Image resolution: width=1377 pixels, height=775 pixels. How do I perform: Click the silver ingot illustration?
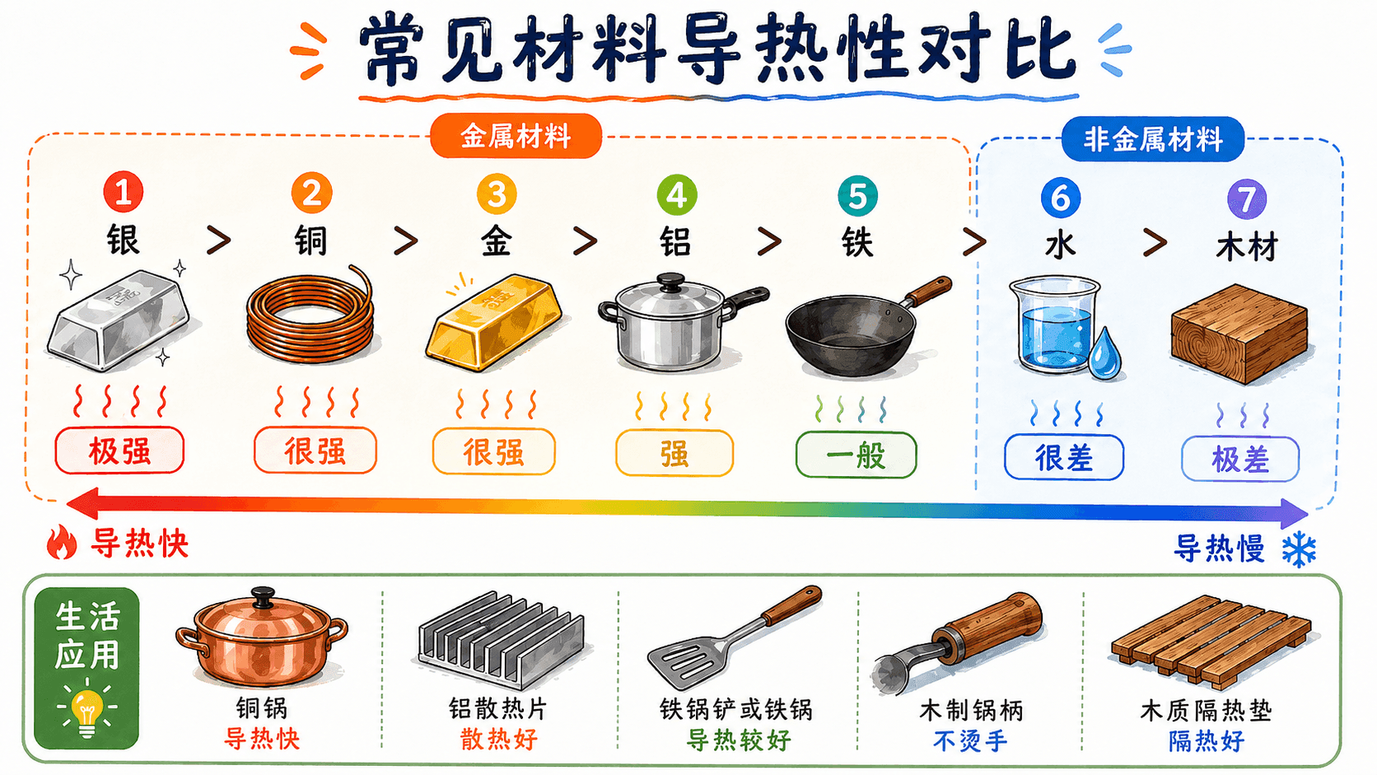pyautogui.click(x=118, y=320)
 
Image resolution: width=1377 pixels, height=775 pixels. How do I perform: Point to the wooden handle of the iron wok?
pyautogui.click(x=929, y=290)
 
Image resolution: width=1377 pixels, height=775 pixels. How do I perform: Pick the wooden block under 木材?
pyautogui.click(x=1239, y=333)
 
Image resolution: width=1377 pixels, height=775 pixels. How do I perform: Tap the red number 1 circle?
pyautogui.click(x=123, y=192)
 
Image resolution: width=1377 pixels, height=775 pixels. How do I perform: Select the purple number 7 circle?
pyautogui.click(x=1246, y=199)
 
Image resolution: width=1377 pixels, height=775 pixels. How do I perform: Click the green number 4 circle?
pyautogui.click(x=677, y=195)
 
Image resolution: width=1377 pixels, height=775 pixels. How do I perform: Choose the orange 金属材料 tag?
pyautogui.click(x=516, y=136)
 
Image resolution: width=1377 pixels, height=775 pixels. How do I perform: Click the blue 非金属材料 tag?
pyautogui.click(x=1153, y=139)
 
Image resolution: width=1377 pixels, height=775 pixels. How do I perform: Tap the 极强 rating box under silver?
pyautogui.click(x=119, y=451)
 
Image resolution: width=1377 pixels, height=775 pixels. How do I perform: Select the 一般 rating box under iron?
pyautogui.click(x=856, y=455)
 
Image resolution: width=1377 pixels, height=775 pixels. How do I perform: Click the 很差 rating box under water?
pyautogui.click(x=1063, y=457)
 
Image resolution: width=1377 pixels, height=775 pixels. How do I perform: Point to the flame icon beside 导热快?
pyautogui.click(x=62, y=542)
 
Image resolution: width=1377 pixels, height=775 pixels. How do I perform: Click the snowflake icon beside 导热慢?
pyautogui.click(x=1299, y=549)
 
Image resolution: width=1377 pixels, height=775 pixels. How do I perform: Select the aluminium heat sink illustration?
pyautogui.click(x=501, y=639)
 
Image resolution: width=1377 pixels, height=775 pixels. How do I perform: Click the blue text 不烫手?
pyautogui.click(x=970, y=741)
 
